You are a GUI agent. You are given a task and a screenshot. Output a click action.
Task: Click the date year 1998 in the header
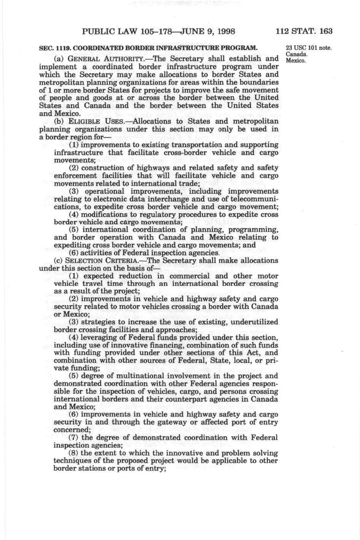[x=224, y=31]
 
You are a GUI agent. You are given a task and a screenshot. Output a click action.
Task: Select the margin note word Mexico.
[x=296, y=61]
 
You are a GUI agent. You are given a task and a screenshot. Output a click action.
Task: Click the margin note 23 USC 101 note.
[x=309, y=48]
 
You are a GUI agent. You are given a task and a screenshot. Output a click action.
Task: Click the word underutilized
[x=253, y=322]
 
